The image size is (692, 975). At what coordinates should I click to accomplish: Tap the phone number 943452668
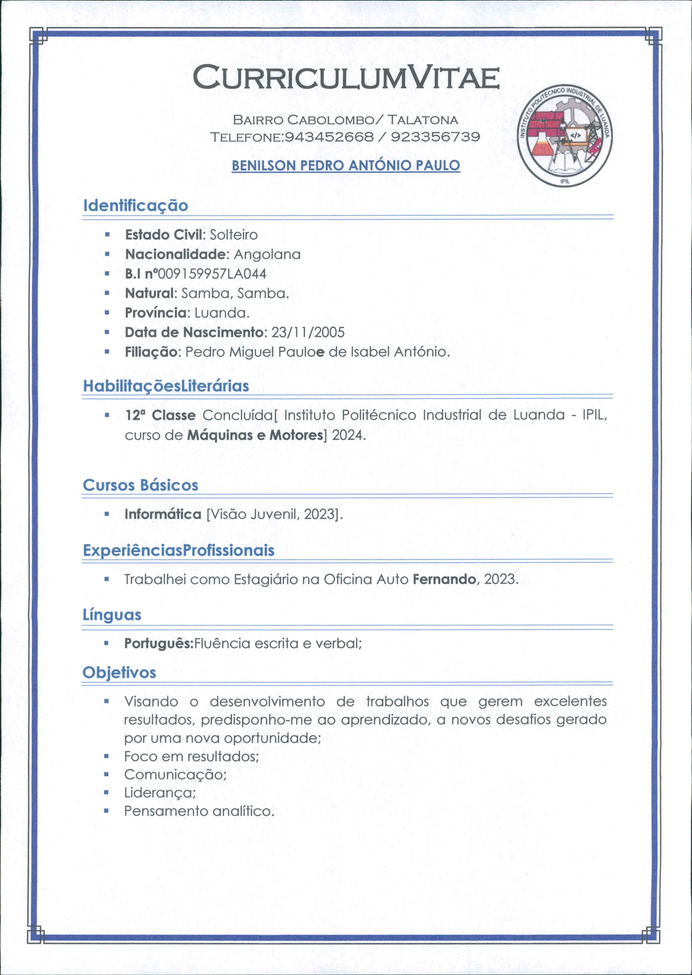[329, 137]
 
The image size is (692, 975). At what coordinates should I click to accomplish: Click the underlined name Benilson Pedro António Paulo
[345, 165]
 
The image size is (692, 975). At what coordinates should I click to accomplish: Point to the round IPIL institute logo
[565, 135]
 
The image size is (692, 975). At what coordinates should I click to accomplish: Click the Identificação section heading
[135, 205]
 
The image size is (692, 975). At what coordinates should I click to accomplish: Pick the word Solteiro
[234, 235]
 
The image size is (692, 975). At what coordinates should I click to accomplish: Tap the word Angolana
[267, 255]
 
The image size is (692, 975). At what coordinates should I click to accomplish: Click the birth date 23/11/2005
[308, 332]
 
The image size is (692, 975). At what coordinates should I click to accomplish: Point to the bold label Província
[156, 313]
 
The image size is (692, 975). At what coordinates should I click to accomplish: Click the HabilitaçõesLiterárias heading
[166, 386]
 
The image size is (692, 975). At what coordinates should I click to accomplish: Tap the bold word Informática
[163, 514]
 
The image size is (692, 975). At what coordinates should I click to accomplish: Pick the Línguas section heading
[112, 615]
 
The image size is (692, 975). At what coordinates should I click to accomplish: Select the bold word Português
[158, 643]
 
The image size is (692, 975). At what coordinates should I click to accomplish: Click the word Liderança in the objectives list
[160, 793]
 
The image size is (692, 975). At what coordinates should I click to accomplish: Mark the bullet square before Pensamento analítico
[107, 811]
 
